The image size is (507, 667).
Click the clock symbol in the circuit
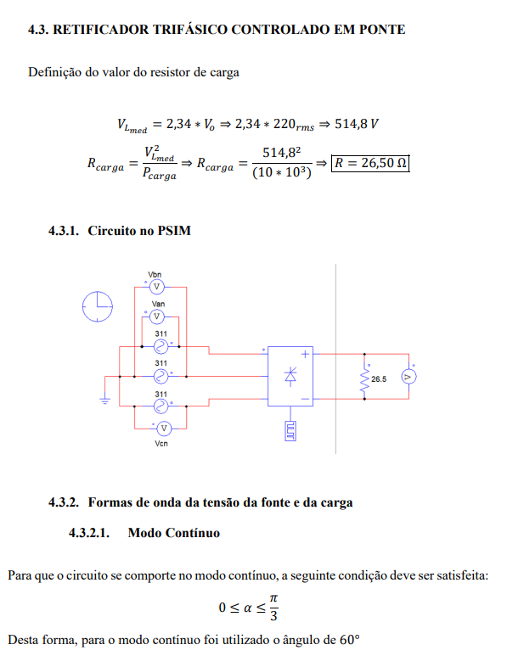(98, 306)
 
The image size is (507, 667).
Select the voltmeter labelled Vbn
(156, 287)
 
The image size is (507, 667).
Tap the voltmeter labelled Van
(156, 317)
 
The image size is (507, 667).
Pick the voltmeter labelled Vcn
(164, 429)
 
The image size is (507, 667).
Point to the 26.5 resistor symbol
(364, 379)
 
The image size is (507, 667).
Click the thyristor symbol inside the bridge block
(290, 377)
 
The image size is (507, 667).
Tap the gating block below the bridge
(290, 431)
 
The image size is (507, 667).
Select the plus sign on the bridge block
(305, 354)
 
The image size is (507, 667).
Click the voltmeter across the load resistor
(408, 377)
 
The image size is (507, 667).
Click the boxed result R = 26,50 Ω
(370, 163)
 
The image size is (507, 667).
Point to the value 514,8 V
(357, 124)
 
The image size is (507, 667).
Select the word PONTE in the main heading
(382, 30)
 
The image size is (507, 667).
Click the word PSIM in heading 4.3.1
(174, 231)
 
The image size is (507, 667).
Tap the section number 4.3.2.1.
(89, 533)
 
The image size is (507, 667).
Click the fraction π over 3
(273, 608)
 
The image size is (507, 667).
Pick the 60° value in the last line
(350, 640)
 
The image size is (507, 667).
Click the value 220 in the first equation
(284, 124)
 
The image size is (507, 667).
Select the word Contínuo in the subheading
(193, 533)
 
